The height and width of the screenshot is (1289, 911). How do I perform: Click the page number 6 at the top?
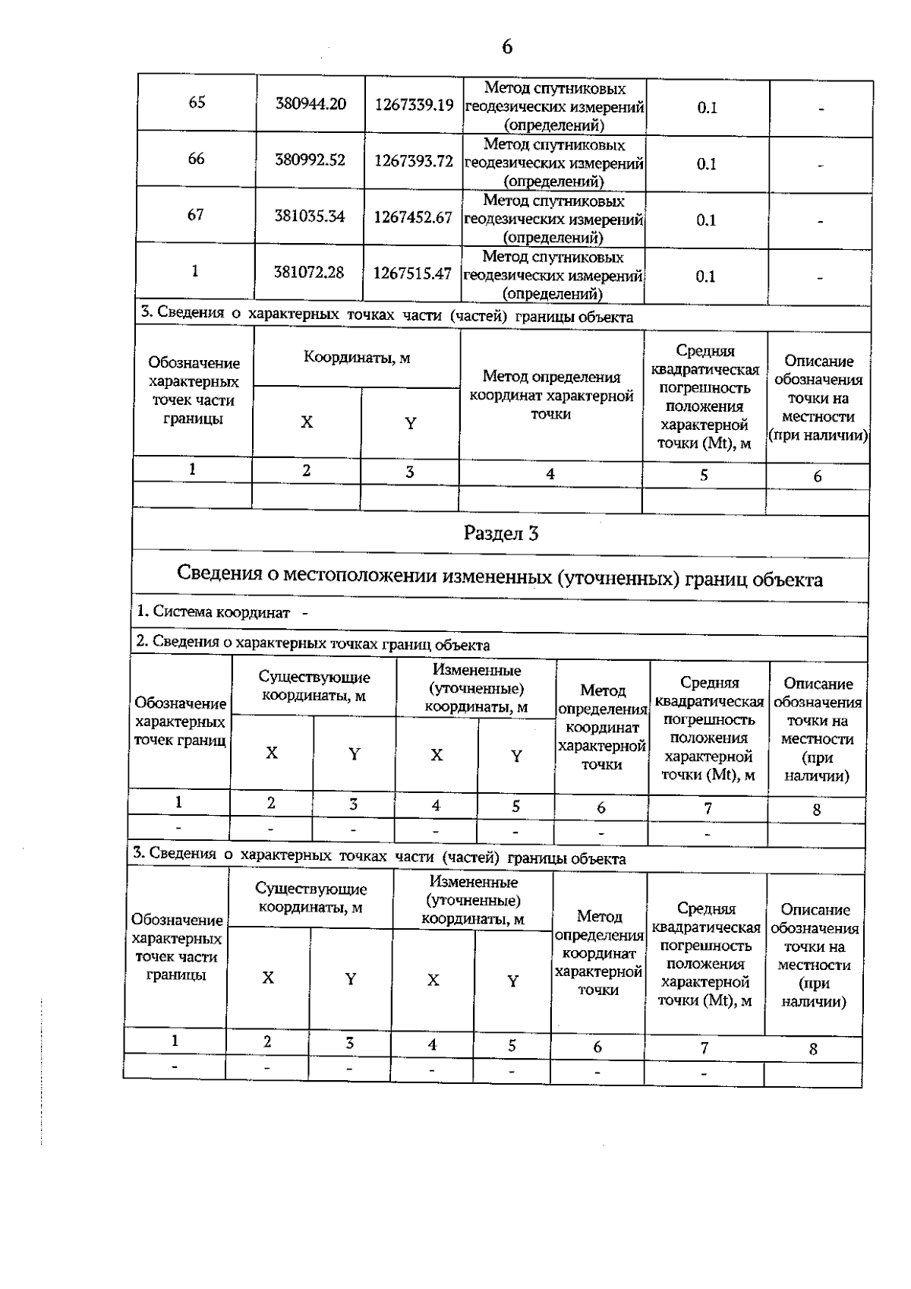click(x=507, y=47)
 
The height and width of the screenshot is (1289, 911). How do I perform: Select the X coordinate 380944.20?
click(x=310, y=103)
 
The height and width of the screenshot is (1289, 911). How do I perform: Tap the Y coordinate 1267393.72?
click(x=414, y=161)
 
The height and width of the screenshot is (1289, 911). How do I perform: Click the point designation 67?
click(x=196, y=215)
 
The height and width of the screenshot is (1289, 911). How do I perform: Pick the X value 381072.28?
click(x=309, y=272)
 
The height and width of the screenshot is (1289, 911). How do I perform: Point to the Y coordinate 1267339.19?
click(x=415, y=105)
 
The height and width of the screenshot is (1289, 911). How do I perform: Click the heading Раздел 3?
click(x=501, y=534)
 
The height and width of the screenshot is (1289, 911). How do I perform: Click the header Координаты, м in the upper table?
click(x=357, y=358)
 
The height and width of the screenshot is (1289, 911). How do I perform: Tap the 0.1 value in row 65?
click(x=707, y=108)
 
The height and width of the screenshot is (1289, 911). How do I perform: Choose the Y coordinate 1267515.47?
click(x=412, y=273)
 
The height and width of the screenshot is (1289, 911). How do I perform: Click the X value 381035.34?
click(x=310, y=216)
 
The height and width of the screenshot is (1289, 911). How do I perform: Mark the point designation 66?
click(x=196, y=159)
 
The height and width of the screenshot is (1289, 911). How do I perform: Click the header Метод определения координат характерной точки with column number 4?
click(x=551, y=395)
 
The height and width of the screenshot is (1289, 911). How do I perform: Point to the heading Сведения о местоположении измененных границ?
click(x=500, y=577)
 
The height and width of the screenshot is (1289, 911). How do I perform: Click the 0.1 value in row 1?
click(x=706, y=277)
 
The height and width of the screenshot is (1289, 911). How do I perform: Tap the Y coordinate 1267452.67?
click(x=413, y=218)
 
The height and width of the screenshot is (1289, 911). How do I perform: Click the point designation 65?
click(x=197, y=103)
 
